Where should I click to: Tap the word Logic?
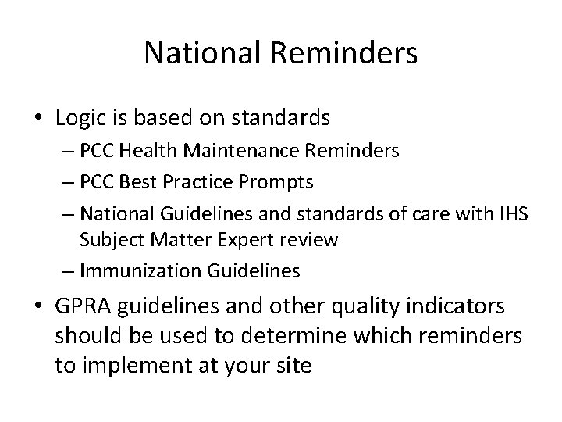coord(82,118)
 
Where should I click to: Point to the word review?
coord(311,239)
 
